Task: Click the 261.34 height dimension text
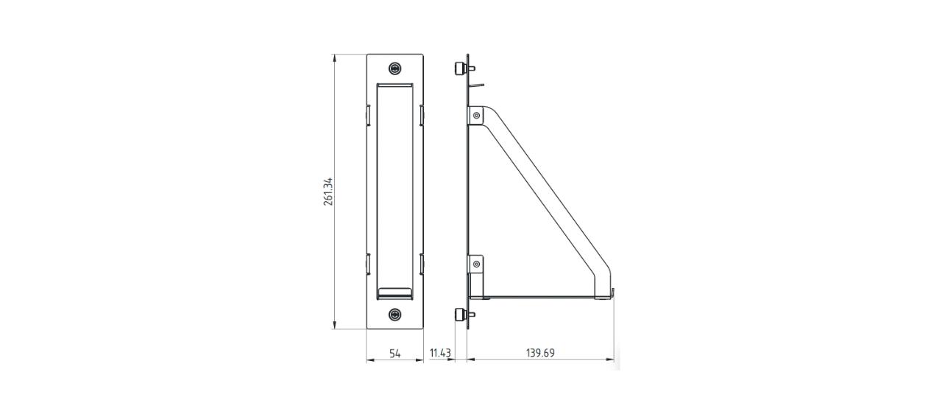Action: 328,192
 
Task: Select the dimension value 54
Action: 394,354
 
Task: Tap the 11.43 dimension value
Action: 440,354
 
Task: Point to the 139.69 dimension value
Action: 540,354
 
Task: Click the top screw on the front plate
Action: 396,69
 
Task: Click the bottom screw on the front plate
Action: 396,315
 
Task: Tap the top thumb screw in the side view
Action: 460,69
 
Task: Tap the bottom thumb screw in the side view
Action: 460,315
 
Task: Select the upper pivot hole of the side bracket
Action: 477,115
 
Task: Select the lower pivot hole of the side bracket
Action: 477,264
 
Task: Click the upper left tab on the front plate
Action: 367,115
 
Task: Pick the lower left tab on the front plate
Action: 367,264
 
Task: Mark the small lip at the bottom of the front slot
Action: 394,292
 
